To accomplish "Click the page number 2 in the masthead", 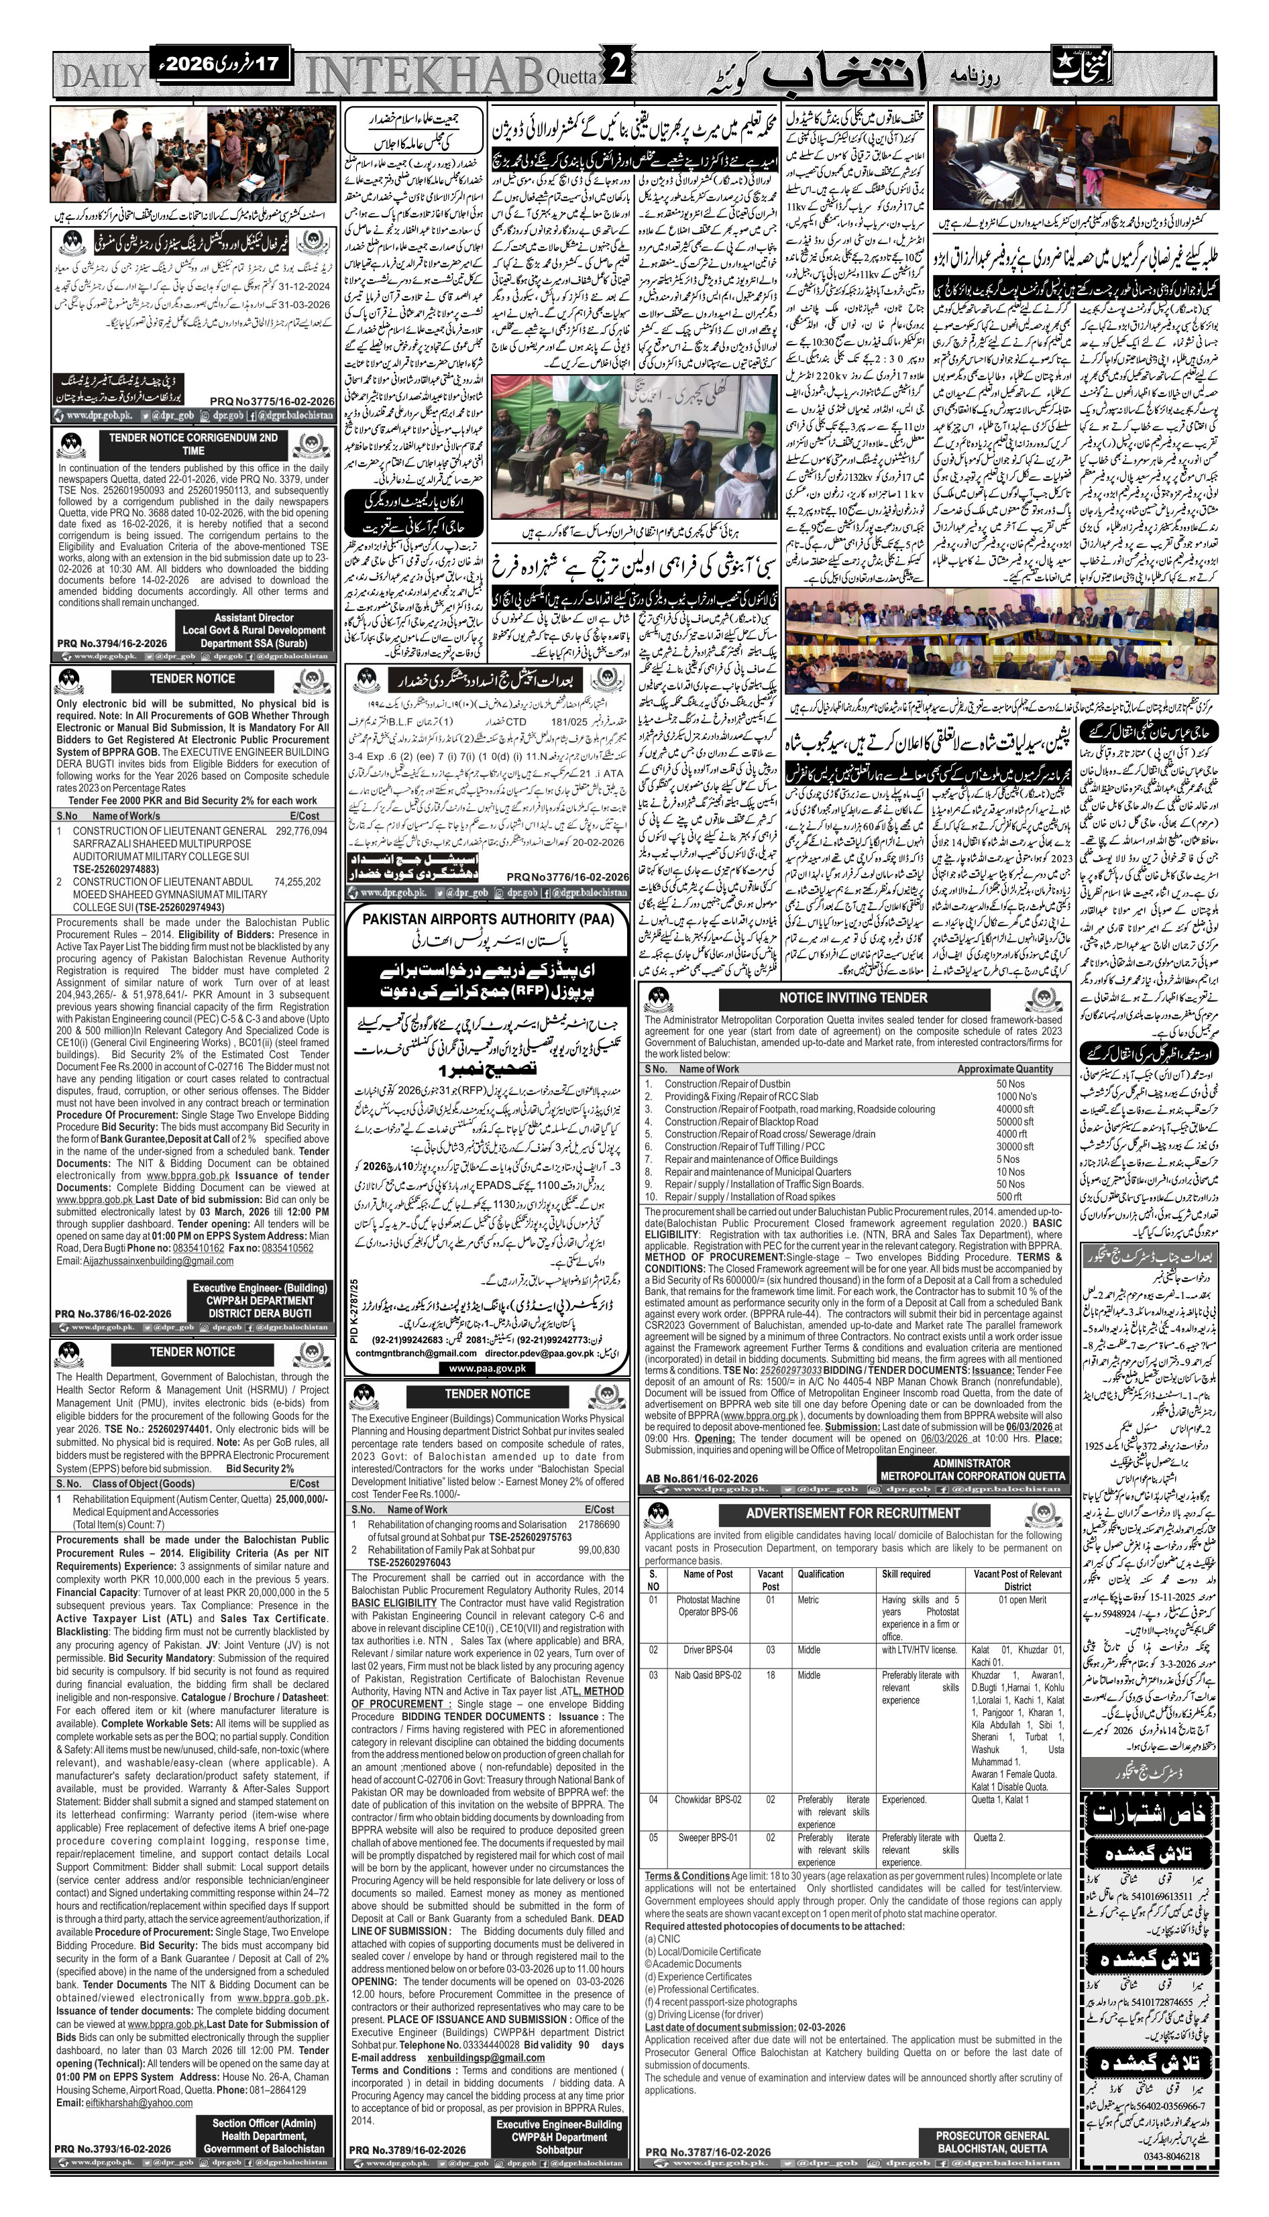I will (x=617, y=70).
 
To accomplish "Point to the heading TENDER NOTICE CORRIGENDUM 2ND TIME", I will (x=193, y=443).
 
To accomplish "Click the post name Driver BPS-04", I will (x=708, y=1649).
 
